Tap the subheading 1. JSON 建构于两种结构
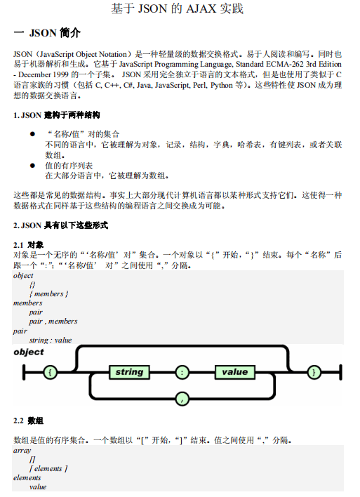(57, 114)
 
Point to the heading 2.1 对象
(29, 244)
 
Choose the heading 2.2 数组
(29, 421)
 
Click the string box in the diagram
(129, 371)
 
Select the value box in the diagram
(235, 371)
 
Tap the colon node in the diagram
(183, 371)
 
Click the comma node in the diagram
(183, 399)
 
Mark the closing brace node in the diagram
(314, 371)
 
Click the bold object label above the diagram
(29, 352)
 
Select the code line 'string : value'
(51, 340)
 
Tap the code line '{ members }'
(48, 294)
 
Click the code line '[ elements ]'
(48, 468)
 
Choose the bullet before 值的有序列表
(32, 166)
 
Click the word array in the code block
(22, 450)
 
